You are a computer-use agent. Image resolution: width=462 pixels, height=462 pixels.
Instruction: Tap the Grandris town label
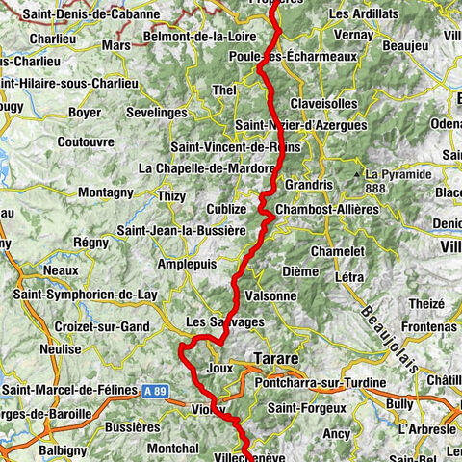click(307, 183)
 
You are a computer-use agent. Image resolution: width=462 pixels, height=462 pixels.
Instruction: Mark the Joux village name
click(220, 368)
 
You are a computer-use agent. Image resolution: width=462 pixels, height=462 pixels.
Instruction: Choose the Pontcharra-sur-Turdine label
click(319, 384)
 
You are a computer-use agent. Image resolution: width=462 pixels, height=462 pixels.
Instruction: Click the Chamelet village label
click(337, 251)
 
